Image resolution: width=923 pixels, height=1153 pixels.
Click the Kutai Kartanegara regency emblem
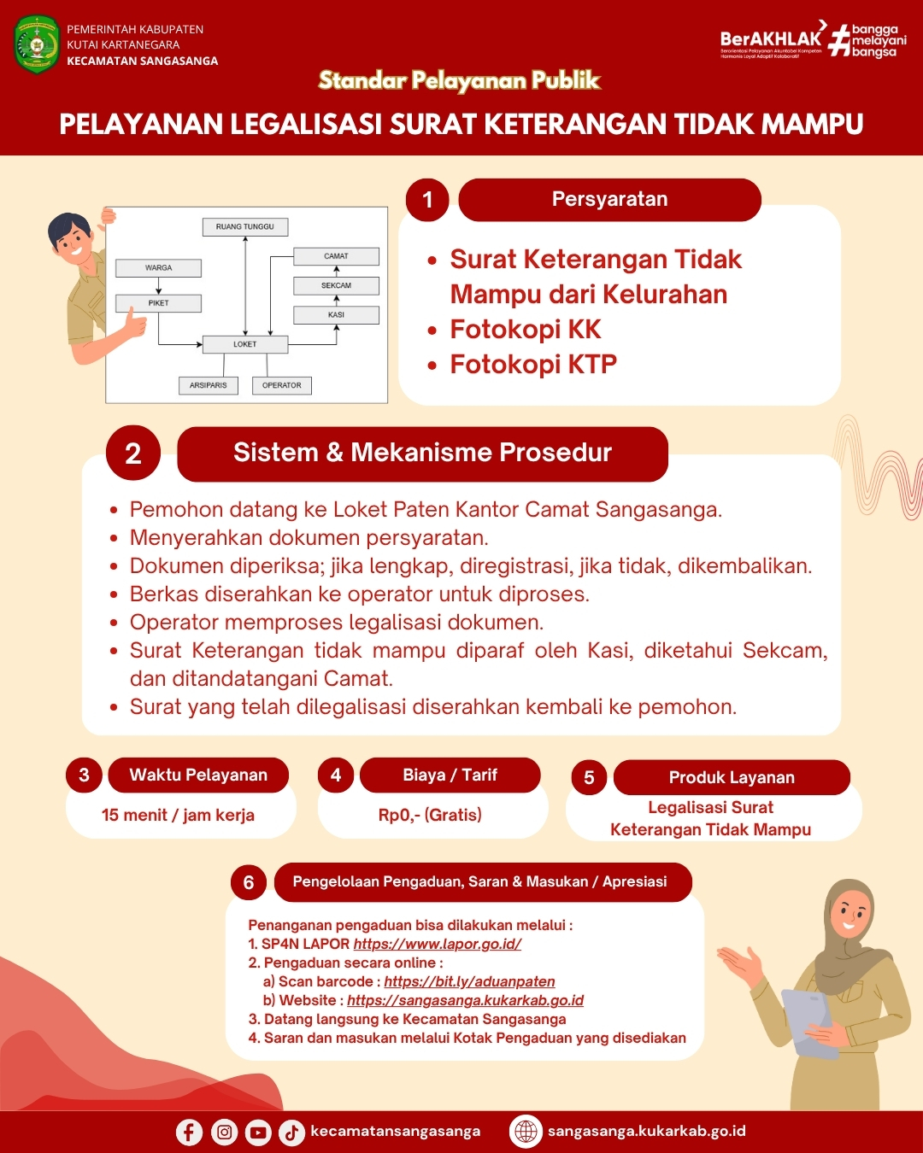[37, 44]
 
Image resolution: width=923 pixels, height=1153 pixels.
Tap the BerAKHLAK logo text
[770, 38]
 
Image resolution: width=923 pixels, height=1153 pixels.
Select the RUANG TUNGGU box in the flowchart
[245, 227]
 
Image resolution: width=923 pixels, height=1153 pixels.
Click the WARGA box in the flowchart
[158, 268]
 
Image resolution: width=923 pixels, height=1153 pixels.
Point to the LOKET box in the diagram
[244, 344]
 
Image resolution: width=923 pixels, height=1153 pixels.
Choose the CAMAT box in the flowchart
[336, 256]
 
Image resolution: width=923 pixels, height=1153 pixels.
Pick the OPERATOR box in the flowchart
[281, 385]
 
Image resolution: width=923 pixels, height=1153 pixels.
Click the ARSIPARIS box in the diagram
[209, 385]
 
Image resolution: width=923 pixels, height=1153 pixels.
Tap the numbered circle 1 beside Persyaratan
[427, 200]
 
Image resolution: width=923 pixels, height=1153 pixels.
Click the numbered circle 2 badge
[133, 453]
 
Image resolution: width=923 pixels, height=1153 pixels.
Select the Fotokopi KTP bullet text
[533, 365]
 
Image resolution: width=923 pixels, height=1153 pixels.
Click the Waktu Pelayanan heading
[198, 775]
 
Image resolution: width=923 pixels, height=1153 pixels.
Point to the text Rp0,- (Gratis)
[430, 815]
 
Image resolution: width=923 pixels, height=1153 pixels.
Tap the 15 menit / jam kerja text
[178, 815]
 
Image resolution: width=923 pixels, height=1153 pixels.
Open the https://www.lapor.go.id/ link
[437, 944]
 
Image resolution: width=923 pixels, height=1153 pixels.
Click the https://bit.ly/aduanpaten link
[469, 981]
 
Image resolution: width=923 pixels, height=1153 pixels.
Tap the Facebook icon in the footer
[189, 1132]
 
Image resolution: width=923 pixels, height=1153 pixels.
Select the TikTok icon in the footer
[291, 1132]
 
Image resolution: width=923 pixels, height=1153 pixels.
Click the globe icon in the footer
[526, 1131]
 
